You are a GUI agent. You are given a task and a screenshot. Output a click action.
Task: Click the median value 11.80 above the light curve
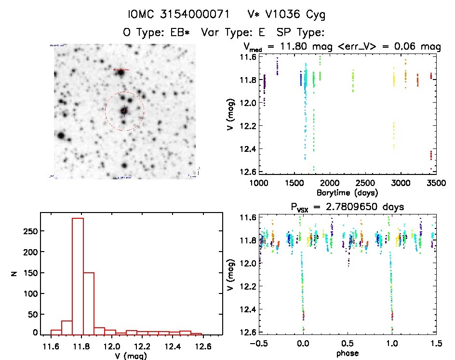pyautogui.click(x=300, y=47)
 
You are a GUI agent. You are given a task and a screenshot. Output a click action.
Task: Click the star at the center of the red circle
pyautogui.click(x=124, y=111)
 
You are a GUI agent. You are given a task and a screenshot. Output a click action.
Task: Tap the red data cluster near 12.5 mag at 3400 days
pyautogui.click(x=431, y=155)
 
